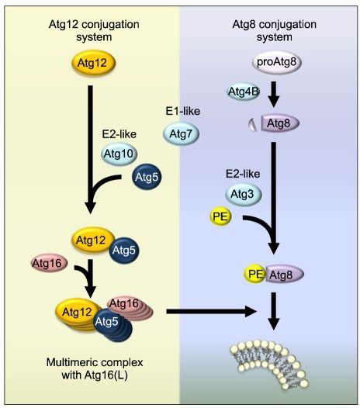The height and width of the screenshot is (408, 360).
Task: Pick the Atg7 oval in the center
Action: pos(181,133)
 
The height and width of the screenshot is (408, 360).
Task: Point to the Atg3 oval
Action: pos(241,192)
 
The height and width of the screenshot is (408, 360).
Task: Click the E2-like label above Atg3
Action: pos(241,172)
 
